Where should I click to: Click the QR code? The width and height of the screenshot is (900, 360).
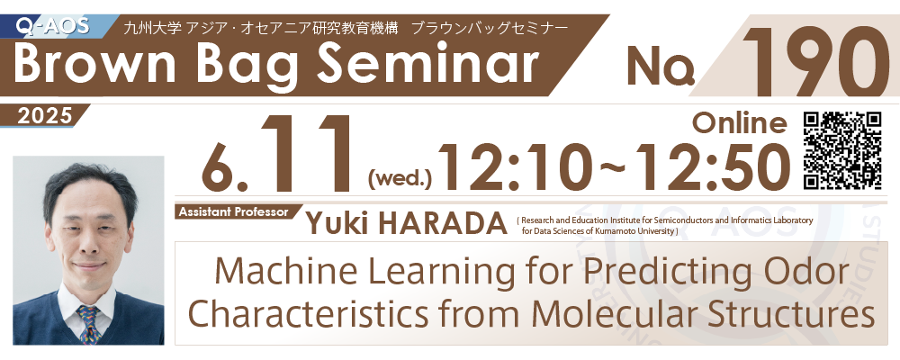(842, 150)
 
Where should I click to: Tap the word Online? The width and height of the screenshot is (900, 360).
(740, 123)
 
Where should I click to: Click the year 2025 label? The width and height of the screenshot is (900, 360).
(44, 116)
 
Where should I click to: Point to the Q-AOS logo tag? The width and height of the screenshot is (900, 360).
(53, 25)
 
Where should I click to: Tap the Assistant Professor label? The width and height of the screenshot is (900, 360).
(233, 211)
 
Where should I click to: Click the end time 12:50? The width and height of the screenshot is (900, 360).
(715, 167)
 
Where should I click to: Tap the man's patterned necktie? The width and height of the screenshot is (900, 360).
(89, 323)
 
